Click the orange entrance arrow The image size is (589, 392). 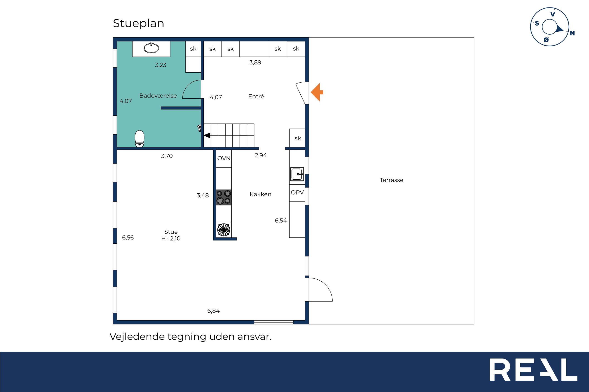point(317,92)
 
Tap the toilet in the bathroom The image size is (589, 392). point(139,138)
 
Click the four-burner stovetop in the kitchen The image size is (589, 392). point(224,197)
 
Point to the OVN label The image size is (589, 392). point(224,158)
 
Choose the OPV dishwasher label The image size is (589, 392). point(297,192)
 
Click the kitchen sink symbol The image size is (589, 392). point(297,174)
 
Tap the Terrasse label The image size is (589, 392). point(391,180)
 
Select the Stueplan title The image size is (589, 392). point(138,24)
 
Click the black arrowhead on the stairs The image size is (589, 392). point(207,135)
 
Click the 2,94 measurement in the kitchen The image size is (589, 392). point(261,155)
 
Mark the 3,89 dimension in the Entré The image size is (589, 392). point(255,62)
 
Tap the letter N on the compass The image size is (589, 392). point(572,33)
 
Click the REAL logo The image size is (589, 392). point(533,370)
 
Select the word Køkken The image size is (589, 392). point(260,194)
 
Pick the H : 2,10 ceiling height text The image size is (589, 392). point(171,238)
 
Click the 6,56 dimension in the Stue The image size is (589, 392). point(128,238)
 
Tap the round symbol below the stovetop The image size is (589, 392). point(224,230)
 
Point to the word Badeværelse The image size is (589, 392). point(158,95)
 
